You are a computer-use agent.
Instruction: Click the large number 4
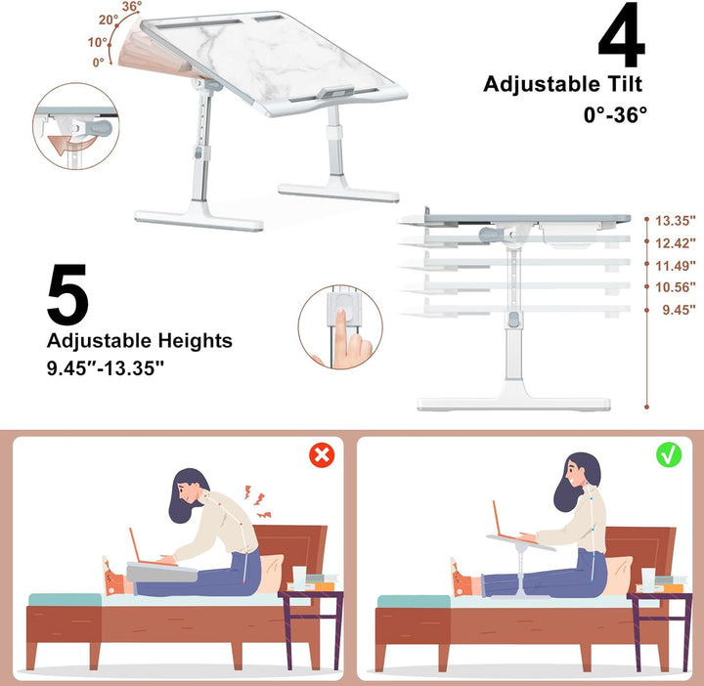tap(621, 39)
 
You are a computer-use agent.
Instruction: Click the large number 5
tap(68, 295)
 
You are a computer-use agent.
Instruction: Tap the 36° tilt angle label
tap(132, 8)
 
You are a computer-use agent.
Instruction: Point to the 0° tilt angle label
tap(98, 63)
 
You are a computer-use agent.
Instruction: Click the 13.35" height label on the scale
tap(676, 221)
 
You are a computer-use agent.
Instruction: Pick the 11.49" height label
tap(676, 266)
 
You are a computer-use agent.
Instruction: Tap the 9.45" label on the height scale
tap(678, 310)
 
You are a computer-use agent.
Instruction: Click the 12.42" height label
tap(676, 243)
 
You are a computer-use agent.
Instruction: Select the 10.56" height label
tap(676, 287)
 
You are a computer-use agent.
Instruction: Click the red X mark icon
tap(321, 454)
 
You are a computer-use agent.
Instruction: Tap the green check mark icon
tap(669, 454)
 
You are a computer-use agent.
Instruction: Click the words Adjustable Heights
tap(140, 341)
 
